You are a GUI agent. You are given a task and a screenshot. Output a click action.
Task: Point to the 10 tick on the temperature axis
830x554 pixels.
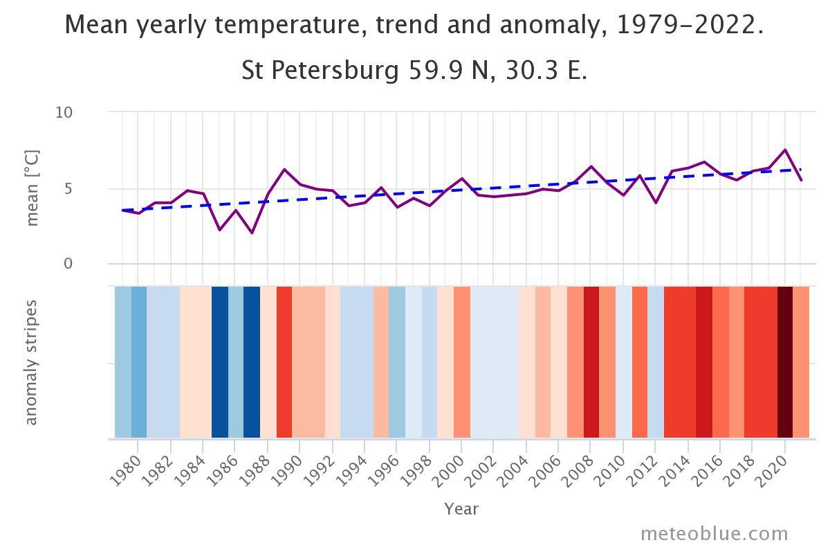click(64, 112)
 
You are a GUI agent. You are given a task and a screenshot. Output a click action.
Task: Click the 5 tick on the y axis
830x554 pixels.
click(68, 188)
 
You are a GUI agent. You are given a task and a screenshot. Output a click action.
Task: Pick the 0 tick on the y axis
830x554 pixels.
click(68, 264)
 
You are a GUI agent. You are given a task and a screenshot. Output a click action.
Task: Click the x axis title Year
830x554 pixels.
click(461, 509)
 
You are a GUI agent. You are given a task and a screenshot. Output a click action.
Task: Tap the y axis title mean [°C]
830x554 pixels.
click(33, 188)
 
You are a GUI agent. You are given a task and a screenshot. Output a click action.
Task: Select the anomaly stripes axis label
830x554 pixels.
click(31, 362)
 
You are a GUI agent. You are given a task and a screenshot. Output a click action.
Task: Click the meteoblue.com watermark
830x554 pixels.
click(714, 534)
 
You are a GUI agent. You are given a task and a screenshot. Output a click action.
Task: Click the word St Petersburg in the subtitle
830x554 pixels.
click(320, 71)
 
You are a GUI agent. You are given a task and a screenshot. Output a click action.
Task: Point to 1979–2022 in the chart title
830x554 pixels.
click(690, 26)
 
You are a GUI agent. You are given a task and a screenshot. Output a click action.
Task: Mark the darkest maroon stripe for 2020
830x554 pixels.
click(785, 361)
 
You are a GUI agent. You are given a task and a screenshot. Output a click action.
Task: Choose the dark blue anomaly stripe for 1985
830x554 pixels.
click(220, 361)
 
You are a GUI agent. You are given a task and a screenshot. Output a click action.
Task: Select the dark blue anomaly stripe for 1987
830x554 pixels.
click(252, 361)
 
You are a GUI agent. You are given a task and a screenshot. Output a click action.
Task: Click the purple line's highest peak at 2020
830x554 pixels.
click(785, 150)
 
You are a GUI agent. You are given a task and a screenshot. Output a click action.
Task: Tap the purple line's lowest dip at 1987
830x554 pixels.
click(252, 233)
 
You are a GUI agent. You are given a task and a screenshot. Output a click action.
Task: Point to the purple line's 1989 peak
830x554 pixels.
click(284, 170)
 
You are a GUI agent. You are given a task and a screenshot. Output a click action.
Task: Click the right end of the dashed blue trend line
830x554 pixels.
click(801, 170)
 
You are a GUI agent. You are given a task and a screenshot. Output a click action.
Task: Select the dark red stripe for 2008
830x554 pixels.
click(591, 361)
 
